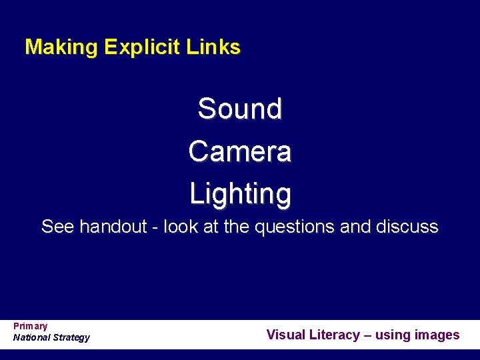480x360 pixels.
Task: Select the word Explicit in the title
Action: pyautogui.click(x=142, y=47)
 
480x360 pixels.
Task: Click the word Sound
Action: pyautogui.click(x=240, y=109)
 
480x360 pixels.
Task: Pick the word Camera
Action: pyautogui.click(x=240, y=151)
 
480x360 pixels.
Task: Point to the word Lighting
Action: pyautogui.click(x=240, y=194)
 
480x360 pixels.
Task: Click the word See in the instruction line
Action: pyautogui.click(x=57, y=227)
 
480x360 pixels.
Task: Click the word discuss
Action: pyautogui.click(x=410, y=227)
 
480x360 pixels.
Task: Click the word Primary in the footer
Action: pyautogui.click(x=30, y=326)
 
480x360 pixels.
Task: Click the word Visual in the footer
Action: pyautogui.click(x=285, y=335)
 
